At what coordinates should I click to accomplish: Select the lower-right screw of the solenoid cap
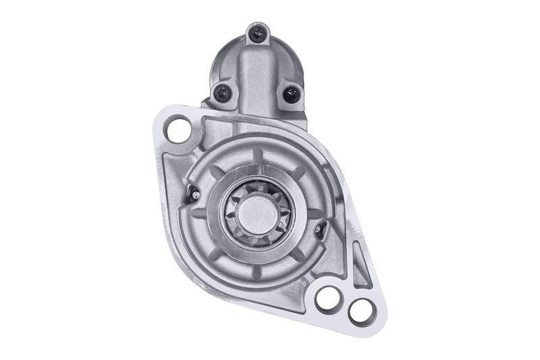291,94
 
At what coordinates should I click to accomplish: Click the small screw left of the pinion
195,196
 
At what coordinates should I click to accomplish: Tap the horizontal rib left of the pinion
200,213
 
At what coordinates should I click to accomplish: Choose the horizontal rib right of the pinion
315,213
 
